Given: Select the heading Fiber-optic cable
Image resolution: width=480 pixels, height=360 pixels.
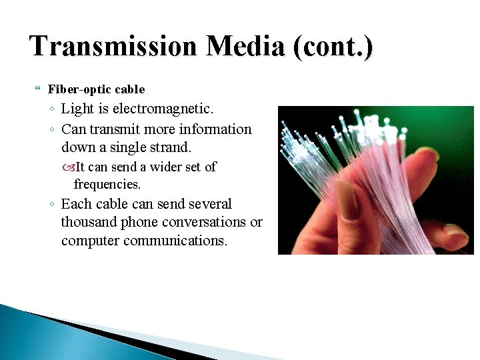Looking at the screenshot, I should pyautogui.click(x=96, y=89).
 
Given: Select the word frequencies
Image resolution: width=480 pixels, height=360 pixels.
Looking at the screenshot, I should pyautogui.click(x=107, y=183).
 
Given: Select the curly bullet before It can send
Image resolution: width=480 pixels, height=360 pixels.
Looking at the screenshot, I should pyautogui.click(x=70, y=167).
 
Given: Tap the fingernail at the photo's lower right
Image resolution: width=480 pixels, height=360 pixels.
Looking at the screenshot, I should pyautogui.click(x=455, y=234).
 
